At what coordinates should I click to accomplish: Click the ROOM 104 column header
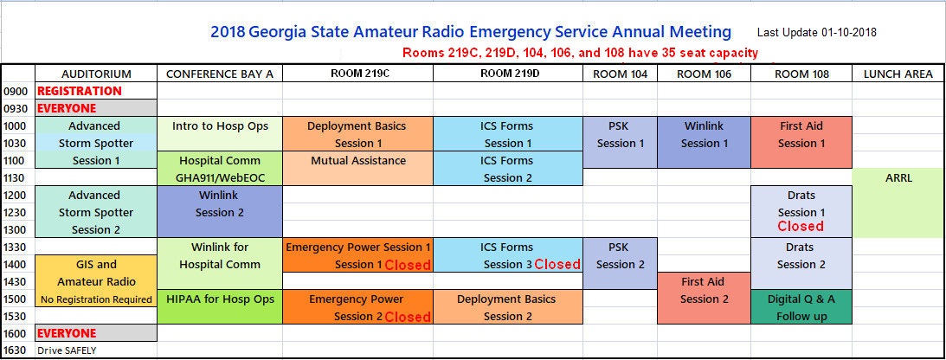[621, 74]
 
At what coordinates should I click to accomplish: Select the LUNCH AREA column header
[898, 74]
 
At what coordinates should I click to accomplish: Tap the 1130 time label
[16, 178]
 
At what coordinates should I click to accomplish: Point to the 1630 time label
[16, 350]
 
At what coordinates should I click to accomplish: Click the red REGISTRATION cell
[80, 91]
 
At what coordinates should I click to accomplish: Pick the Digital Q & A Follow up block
[801, 307]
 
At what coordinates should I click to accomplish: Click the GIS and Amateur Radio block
[96, 281]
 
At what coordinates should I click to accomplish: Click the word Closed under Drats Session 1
[801, 226]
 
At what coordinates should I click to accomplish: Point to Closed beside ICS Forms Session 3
[557, 264]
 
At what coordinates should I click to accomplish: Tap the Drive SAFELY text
[67, 350]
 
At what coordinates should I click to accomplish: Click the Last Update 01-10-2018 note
[817, 33]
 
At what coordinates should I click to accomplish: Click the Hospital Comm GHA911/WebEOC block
[220, 169]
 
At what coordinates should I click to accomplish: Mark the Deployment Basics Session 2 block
[508, 307]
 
